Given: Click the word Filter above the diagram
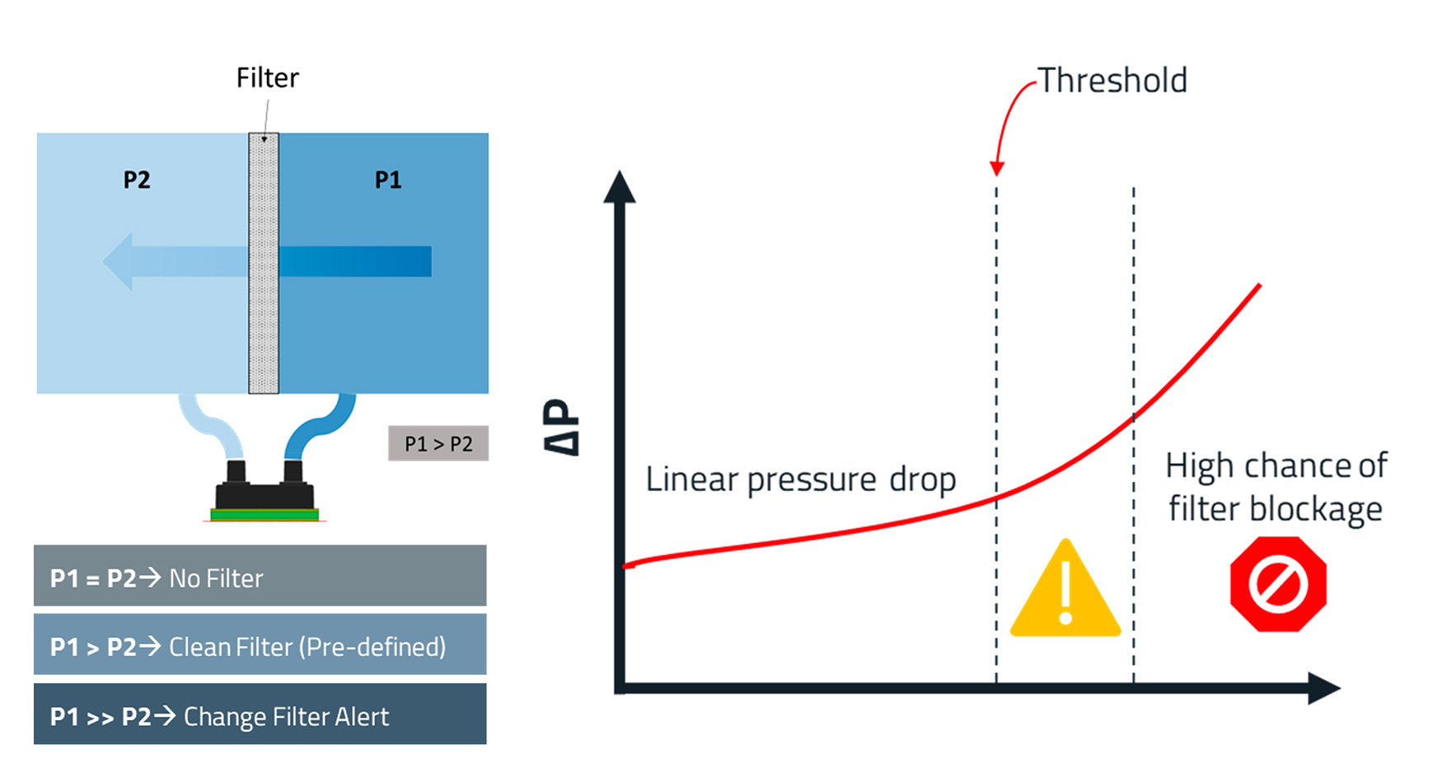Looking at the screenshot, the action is point(267,77).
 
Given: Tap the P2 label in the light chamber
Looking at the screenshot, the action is point(137,180).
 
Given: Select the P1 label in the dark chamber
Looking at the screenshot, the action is point(388,180).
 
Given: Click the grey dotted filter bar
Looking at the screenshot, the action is point(264,263).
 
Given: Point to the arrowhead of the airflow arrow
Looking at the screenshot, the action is point(118,261).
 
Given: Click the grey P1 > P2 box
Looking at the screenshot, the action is point(438,443).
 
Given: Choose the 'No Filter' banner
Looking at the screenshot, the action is point(260,576).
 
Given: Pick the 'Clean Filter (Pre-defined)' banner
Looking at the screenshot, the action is point(260,644).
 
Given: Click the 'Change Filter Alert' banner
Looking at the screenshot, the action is point(260,714).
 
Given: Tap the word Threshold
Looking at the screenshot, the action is point(1112,81).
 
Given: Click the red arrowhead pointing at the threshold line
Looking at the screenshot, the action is point(997,168).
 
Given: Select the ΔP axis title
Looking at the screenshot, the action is point(562,427).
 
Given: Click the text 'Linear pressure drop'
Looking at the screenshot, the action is point(801,480).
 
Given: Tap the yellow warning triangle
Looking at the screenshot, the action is point(1065,588).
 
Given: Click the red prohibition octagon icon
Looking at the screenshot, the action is point(1278,584).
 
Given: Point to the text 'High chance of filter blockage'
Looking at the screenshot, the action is point(1276,488).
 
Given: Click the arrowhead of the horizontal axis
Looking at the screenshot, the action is point(1324,688).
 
